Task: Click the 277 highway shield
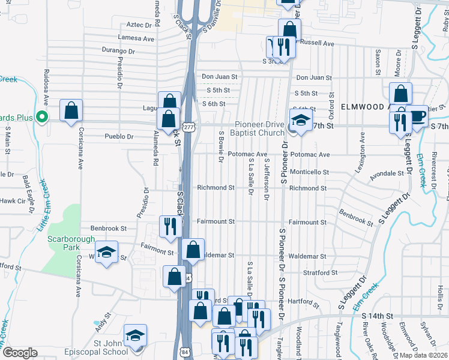pos(189,127)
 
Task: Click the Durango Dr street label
pos(118,50)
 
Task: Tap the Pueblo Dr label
pos(118,136)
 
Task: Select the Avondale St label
pos(387,173)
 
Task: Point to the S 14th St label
pos(376,315)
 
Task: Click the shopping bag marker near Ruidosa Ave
pos(71,110)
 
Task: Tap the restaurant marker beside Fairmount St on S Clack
pos(170,226)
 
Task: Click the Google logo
pos(20,352)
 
